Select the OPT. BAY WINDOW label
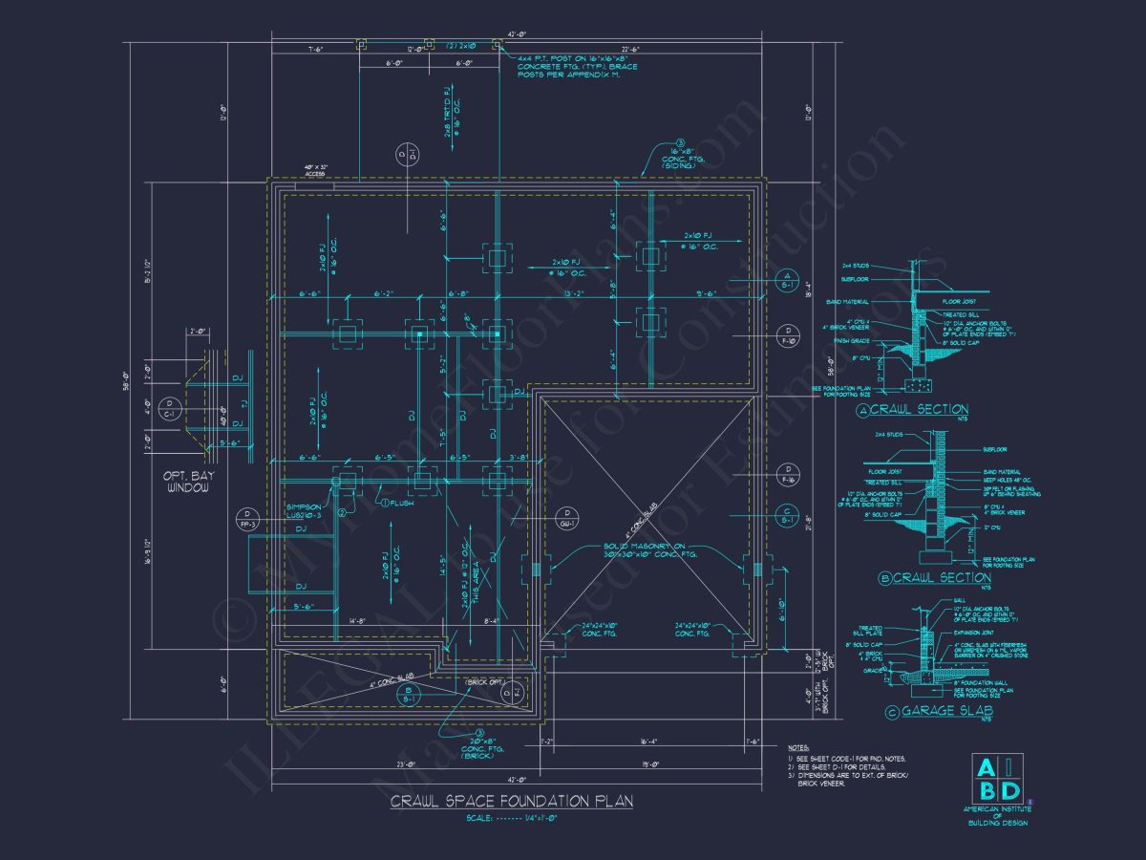187,481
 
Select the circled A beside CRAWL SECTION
863,411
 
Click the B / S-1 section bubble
407,695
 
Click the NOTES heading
798,747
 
